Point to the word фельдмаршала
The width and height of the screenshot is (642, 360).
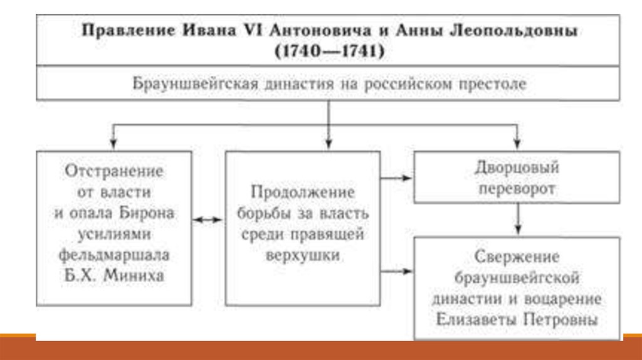click(x=113, y=254)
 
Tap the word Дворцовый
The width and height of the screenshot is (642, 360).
click(x=517, y=168)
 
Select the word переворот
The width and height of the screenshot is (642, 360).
click(x=517, y=189)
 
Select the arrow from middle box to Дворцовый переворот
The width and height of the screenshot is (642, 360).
click(x=397, y=178)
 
